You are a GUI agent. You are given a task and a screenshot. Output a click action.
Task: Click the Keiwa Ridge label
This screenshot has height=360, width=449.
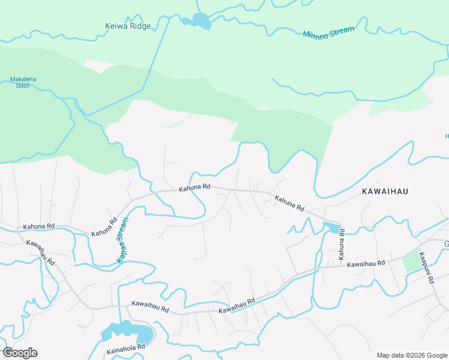(128, 26)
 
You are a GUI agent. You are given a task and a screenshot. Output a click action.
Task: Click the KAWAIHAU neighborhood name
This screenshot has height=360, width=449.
(385, 191)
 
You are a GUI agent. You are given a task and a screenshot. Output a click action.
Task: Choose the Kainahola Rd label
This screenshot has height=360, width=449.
(125, 347)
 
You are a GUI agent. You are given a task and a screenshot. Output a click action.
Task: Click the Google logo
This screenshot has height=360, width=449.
(20, 353)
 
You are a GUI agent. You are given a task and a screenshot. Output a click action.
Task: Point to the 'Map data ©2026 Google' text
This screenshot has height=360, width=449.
(412, 355)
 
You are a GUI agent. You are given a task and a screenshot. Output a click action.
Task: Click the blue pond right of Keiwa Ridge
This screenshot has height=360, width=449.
(198, 22)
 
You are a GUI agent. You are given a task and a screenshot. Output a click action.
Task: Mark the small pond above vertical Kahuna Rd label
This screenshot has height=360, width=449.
(331, 227)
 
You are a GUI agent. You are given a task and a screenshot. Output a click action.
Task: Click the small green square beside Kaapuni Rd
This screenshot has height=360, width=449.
(411, 262)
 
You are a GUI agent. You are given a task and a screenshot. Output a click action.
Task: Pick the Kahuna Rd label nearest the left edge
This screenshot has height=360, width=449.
(38, 227)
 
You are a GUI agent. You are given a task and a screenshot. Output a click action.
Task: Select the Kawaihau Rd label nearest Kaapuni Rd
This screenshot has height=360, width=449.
(366, 263)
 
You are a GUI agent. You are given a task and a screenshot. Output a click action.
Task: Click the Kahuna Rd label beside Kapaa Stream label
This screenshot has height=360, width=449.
(105, 229)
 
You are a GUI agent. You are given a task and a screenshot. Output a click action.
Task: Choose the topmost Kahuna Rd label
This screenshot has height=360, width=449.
(194, 188)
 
